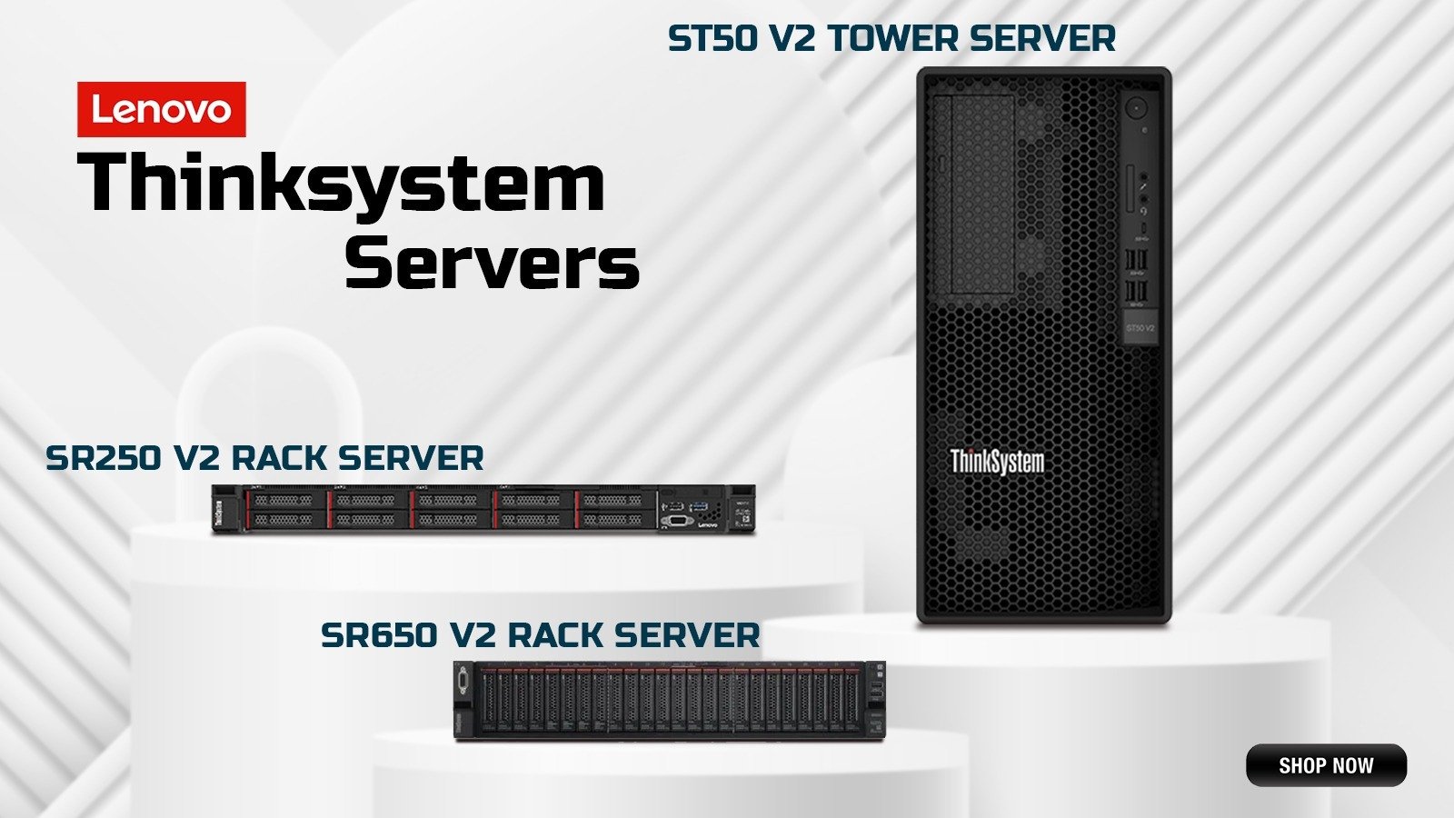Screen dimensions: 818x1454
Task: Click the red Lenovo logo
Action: pos(161,110)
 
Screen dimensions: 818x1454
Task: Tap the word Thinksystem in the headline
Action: pos(342,185)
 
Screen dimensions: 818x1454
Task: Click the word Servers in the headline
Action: pos(492,264)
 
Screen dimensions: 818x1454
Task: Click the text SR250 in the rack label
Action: pos(103,458)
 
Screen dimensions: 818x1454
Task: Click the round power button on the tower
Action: pos(1135,109)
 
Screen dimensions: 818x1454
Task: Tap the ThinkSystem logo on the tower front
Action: pos(997,461)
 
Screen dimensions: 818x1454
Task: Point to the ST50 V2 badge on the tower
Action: pos(1140,328)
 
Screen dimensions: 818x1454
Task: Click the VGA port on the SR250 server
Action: pos(677,521)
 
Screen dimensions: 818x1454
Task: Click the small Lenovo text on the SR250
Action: pos(708,524)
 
